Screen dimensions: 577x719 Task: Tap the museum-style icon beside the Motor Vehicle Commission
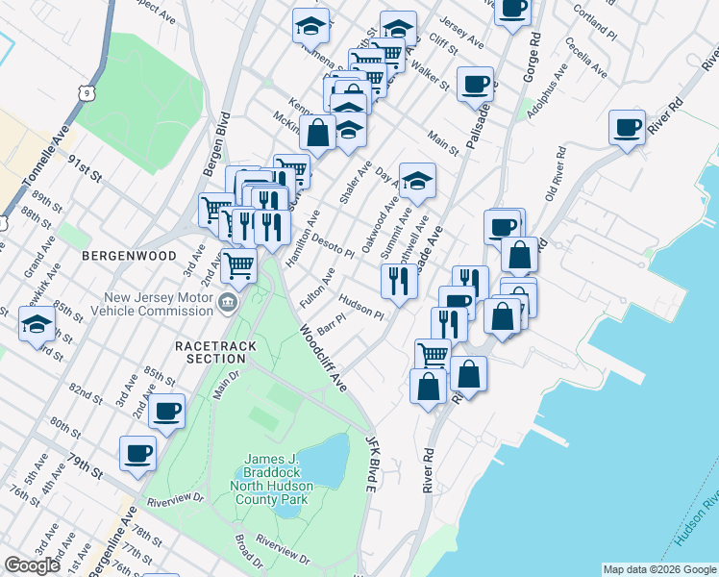point(227,304)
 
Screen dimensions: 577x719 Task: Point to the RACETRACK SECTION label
point(210,351)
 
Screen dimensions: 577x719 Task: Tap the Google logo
point(32,565)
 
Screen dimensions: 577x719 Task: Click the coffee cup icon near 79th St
point(137,453)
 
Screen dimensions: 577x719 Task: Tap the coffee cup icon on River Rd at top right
point(628,128)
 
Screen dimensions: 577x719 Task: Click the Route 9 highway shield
point(87,93)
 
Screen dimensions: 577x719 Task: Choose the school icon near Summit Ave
point(417,180)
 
